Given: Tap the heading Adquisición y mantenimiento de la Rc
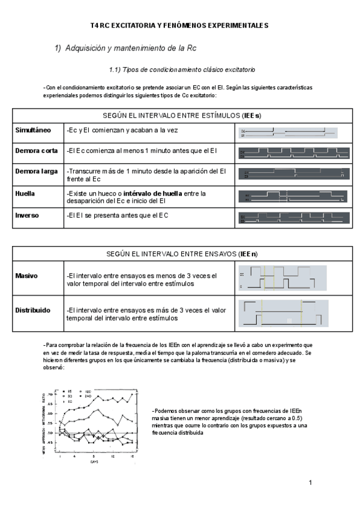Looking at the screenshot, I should coord(125,48).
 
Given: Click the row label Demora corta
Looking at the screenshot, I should coord(37,151).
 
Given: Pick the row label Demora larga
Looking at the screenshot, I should coord(37,171).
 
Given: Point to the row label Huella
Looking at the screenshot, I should coord(25,194).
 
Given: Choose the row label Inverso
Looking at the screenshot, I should coord(27,215).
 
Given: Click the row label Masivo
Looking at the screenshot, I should coord(26,276).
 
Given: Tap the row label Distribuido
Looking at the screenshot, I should coord(33,310).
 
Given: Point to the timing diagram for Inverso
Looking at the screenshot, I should coord(293,218).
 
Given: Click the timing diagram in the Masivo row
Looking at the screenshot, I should coord(283,280).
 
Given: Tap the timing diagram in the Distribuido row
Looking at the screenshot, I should coord(283,315).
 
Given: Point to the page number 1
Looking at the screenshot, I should coord(311,483).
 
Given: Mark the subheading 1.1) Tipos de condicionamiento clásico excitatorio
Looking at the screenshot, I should coord(182,70).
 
